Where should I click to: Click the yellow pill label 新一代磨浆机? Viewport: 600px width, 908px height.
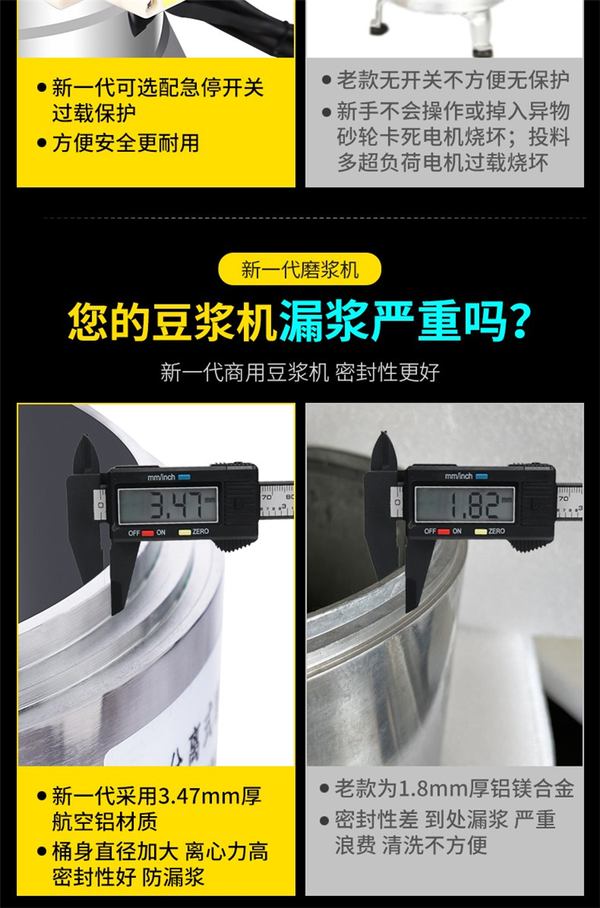tap(300, 270)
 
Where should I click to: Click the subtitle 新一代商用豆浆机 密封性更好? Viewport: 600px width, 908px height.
tap(300, 372)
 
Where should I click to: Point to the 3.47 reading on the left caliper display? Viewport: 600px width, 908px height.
tap(176, 505)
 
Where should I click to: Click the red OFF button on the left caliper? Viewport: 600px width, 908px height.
tap(148, 533)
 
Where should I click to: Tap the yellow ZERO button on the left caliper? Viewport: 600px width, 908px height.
tap(184, 532)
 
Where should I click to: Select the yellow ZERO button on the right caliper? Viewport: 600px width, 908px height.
tap(481, 532)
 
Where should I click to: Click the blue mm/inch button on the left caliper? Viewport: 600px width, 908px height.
tap(184, 477)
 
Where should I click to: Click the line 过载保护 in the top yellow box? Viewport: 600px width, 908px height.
tap(94, 113)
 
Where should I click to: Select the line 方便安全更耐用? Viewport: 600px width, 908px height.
tap(126, 142)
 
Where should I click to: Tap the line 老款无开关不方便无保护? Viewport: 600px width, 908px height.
tap(453, 80)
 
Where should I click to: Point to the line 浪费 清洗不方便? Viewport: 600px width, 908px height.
tap(411, 845)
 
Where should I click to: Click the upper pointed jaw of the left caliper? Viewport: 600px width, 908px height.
tap(87, 455)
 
